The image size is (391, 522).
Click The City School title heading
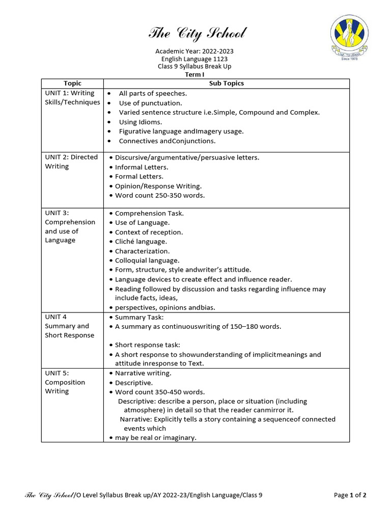click(x=197, y=34)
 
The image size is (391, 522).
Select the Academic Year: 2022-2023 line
click(x=194, y=51)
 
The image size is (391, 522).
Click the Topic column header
click(x=72, y=83)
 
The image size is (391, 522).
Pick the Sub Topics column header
click(x=227, y=83)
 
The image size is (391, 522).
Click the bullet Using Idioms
click(x=140, y=122)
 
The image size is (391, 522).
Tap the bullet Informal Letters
click(x=141, y=167)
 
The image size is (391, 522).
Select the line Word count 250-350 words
click(x=159, y=195)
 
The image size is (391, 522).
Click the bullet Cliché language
click(x=141, y=242)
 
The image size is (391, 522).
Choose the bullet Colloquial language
click(x=147, y=260)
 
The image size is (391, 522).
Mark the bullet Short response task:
click(x=147, y=345)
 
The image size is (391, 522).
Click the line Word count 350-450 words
click(x=159, y=392)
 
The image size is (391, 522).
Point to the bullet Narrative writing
click(x=143, y=373)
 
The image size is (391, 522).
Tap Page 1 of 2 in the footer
click(x=350, y=494)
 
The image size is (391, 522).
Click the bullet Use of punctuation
click(x=150, y=103)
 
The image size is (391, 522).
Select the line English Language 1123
click(x=194, y=59)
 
